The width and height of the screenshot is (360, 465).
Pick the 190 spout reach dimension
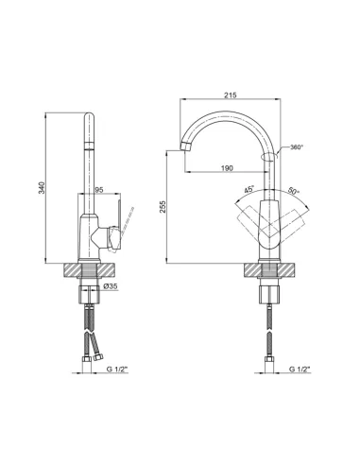tap(225, 167)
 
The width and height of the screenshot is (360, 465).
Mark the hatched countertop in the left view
tap(77, 269)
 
